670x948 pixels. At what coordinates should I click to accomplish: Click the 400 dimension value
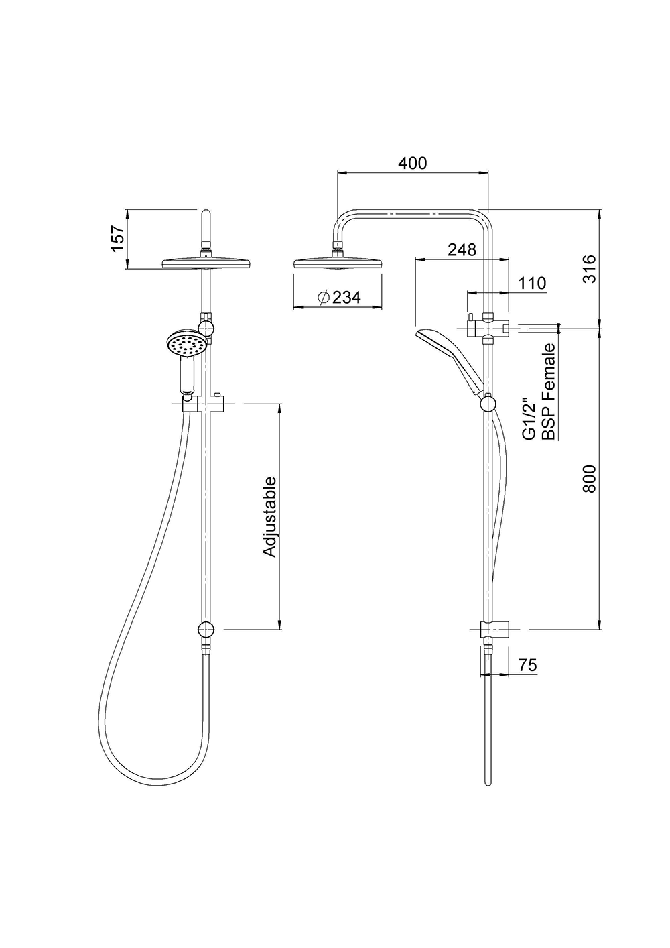tap(412, 163)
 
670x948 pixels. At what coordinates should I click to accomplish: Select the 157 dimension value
tap(118, 239)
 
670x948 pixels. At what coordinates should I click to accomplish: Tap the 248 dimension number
tap(462, 249)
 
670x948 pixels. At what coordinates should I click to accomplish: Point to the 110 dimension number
tap(532, 283)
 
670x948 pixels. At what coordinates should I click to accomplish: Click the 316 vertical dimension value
tap(589, 268)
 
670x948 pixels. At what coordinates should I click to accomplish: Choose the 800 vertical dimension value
tap(589, 479)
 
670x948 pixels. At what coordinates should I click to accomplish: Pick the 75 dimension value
tap(528, 665)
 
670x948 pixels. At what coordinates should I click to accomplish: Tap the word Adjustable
tap(269, 517)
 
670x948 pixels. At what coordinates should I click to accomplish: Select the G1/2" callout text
tap(529, 418)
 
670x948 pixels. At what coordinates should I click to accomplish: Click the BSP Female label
tap(549, 392)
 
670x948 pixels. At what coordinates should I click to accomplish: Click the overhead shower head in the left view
tap(206, 263)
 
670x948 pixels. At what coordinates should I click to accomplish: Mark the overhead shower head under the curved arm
tap(338, 262)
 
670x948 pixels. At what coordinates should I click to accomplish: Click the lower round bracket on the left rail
tap(206, 630)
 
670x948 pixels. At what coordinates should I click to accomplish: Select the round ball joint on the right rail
tap(488, 404)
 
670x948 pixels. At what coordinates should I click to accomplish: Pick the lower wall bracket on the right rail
tap(495, 630)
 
